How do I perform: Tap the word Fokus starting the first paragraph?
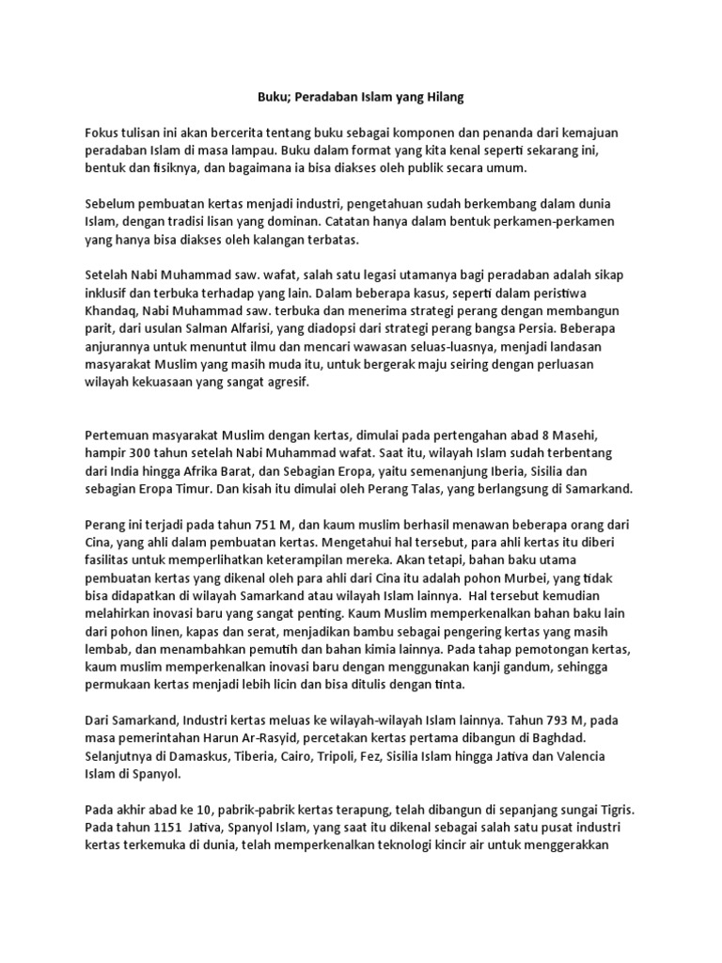coord(103,134)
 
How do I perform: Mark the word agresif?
coord(284,384)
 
